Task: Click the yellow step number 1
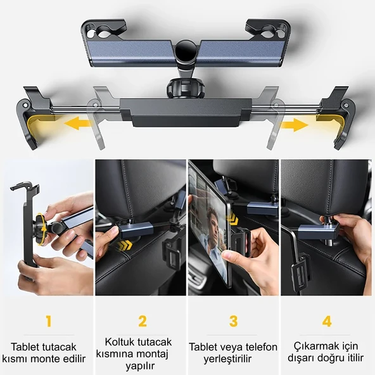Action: tap(48, 321)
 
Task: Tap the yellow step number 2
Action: tap(143, 321)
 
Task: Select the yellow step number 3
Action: tap(234, 321)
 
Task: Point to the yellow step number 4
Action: tap(327, 321)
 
